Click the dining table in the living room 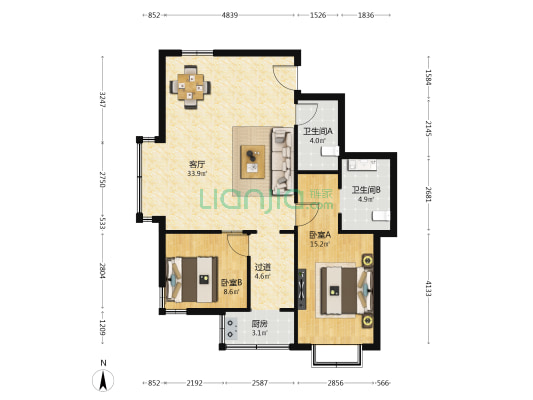190,87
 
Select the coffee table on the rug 252,162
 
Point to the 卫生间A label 318,131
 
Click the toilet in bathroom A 330,151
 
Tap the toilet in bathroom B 381,215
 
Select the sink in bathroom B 362,165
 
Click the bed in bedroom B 191,279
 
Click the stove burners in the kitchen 232,329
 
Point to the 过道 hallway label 262,267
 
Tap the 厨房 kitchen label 259,324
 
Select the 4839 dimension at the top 230,15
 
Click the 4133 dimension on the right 429,288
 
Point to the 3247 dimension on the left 102,99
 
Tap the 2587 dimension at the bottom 259,383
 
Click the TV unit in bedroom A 302,289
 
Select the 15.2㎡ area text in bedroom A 320,244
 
